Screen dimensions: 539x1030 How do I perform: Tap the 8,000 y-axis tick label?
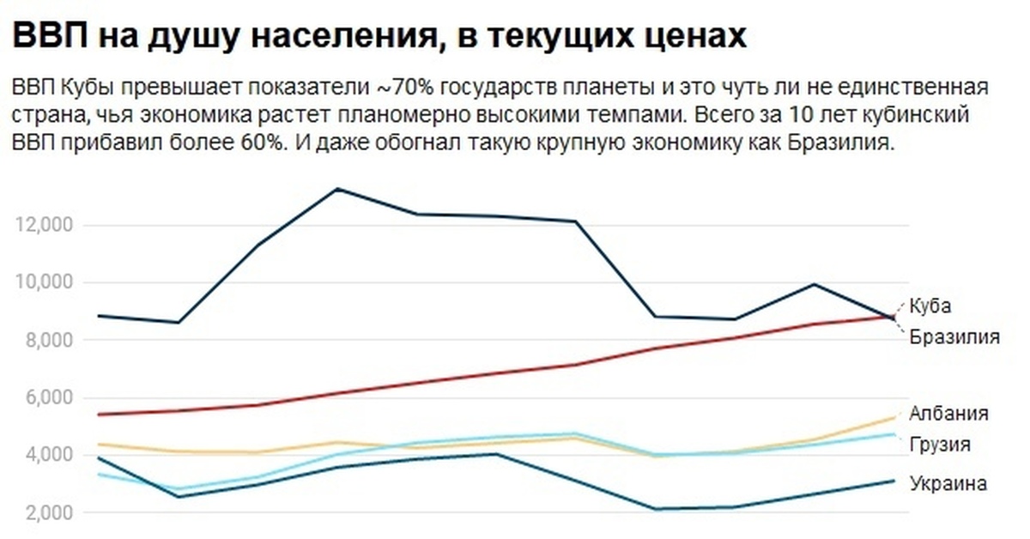[45, 340]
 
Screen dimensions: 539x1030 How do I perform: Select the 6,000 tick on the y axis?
[45, 397]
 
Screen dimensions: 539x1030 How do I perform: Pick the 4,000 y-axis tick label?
[45, 455]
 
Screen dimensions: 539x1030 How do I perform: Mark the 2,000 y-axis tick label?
[45, 512]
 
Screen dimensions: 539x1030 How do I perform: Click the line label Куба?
[930, 306]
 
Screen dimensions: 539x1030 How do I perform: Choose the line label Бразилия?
[954, 336]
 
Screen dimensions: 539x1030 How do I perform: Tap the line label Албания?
[949, 413]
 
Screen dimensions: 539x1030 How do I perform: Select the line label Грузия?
[941, 444]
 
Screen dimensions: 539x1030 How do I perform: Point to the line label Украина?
[948, 483]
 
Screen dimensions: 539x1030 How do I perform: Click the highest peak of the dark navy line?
[338, 189]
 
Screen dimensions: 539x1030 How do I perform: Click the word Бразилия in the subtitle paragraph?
[839, 143]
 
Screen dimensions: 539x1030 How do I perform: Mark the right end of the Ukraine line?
[894, 481]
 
